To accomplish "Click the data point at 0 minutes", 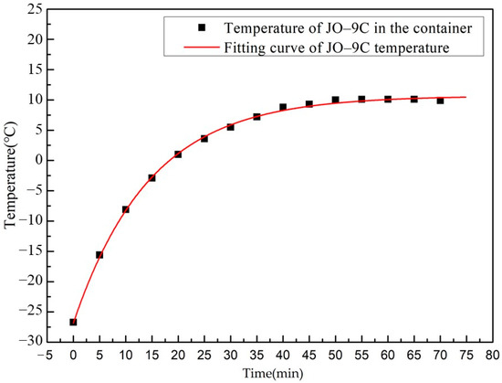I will click(73, 322).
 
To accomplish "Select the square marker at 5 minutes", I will click(99, 255).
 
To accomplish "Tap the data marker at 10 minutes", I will click(125, 209).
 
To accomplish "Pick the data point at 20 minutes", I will click(178, 154).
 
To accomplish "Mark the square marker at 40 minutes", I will click(283, 107).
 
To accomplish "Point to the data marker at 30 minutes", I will click(230, 127).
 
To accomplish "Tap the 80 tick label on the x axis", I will click(492, 356).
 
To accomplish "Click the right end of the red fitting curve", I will click(465, 97).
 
